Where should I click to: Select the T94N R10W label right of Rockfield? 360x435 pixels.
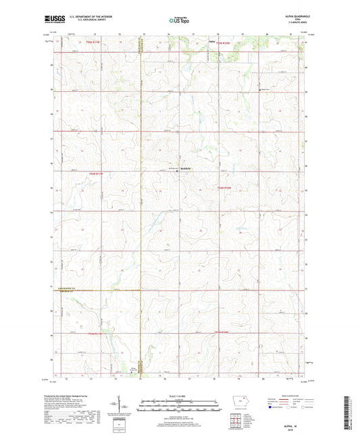[224, 187]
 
